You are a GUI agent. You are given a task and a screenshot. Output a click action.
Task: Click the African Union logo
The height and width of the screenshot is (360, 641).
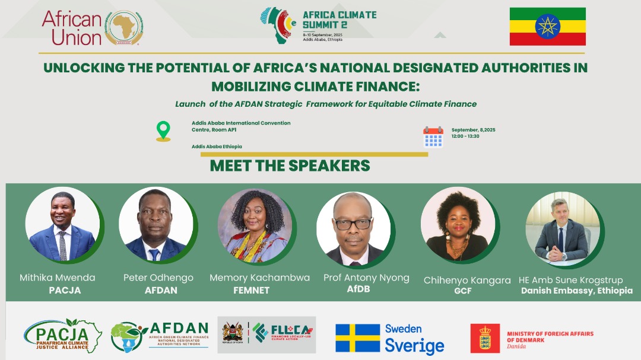[x=92, y=28]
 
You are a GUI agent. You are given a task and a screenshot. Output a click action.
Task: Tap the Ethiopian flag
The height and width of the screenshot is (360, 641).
[x=547, y=27]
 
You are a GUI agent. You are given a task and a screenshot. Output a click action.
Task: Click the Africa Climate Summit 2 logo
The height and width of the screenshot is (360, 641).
[x=319, y=26]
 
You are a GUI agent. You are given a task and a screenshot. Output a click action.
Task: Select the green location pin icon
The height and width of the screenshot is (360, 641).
[x=163, y=131]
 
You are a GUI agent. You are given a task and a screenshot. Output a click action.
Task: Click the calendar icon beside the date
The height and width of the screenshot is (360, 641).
[x=433, y=136]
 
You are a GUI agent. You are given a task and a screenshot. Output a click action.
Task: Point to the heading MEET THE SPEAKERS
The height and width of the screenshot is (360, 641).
[x=290, y=165]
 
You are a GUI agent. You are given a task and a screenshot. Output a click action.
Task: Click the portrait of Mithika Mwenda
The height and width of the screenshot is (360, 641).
[x=62, y=227]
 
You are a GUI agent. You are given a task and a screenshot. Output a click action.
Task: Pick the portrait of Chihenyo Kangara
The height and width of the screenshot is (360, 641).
[x=457, y=226]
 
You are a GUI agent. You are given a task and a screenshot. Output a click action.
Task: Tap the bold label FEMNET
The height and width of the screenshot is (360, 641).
[x=251, y=291]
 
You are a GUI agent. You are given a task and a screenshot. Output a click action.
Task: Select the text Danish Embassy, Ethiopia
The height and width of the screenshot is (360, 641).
[x=576, y=291]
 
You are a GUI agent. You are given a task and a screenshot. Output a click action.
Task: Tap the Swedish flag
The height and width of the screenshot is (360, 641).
[x=357, y=338]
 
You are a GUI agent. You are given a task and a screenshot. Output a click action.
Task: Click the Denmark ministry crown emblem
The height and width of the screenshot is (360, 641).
[x=485, y=338]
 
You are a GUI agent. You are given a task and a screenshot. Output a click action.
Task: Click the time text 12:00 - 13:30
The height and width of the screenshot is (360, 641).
[x=465, y=136]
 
